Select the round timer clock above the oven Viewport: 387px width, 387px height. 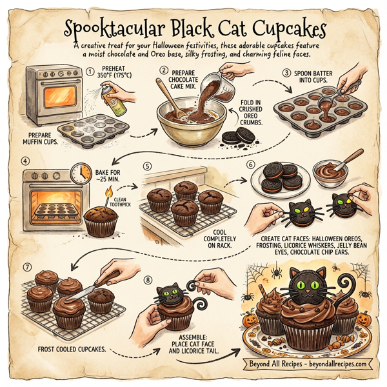tap(81, 172)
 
